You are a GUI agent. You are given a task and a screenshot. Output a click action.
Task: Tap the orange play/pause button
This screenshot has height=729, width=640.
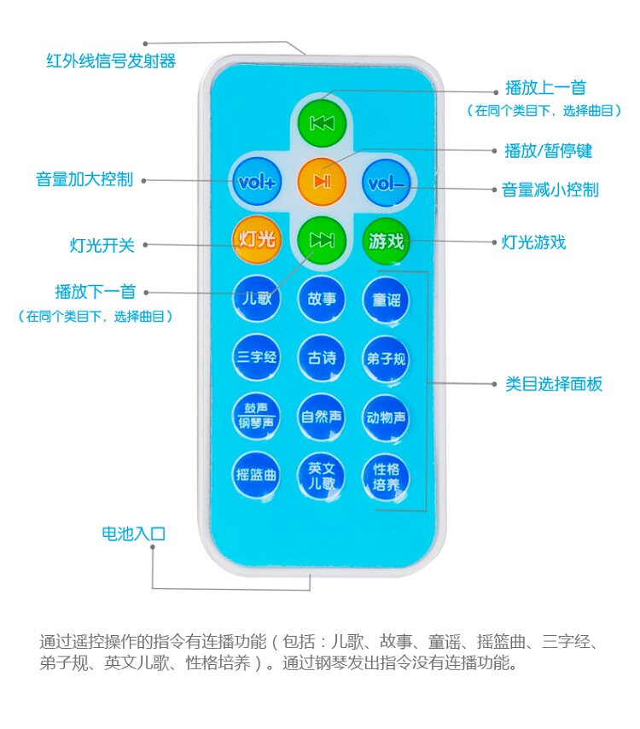click(x=321, y=181)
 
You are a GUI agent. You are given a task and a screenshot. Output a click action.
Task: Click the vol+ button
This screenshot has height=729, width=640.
click(x=257, y=182)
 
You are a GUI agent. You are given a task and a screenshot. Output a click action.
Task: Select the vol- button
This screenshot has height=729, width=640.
click(x=387, y=182)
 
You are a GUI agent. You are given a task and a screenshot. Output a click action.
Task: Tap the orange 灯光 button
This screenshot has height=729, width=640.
click(x=256, y=240)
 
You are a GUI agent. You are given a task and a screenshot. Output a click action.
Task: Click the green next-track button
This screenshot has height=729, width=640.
click(x=321, y=240)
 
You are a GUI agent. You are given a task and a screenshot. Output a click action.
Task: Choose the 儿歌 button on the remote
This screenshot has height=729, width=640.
click(x=256, y=300)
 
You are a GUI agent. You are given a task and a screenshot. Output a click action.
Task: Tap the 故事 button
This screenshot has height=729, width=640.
click(x=321, y=300)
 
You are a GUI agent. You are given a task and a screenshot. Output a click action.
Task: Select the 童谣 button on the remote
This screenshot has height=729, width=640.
click(x=386, y=300)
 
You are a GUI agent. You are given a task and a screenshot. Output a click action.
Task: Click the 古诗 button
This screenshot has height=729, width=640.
click(x=321, y=358)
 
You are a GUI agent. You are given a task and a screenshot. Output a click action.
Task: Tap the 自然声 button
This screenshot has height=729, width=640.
click(x=321, y=417)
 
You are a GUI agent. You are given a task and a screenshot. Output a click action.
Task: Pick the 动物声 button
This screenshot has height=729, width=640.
click(x=386, y=417)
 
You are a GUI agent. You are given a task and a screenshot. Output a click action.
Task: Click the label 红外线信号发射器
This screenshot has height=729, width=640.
click(x=110, y=61)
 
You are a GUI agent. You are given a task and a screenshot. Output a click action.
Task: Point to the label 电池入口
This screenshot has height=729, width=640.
click(x=133, y=534)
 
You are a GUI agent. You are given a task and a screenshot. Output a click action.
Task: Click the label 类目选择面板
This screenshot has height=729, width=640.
click(x=553, y=384)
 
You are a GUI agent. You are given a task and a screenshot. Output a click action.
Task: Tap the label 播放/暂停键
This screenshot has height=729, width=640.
click(x=548, y=151)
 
